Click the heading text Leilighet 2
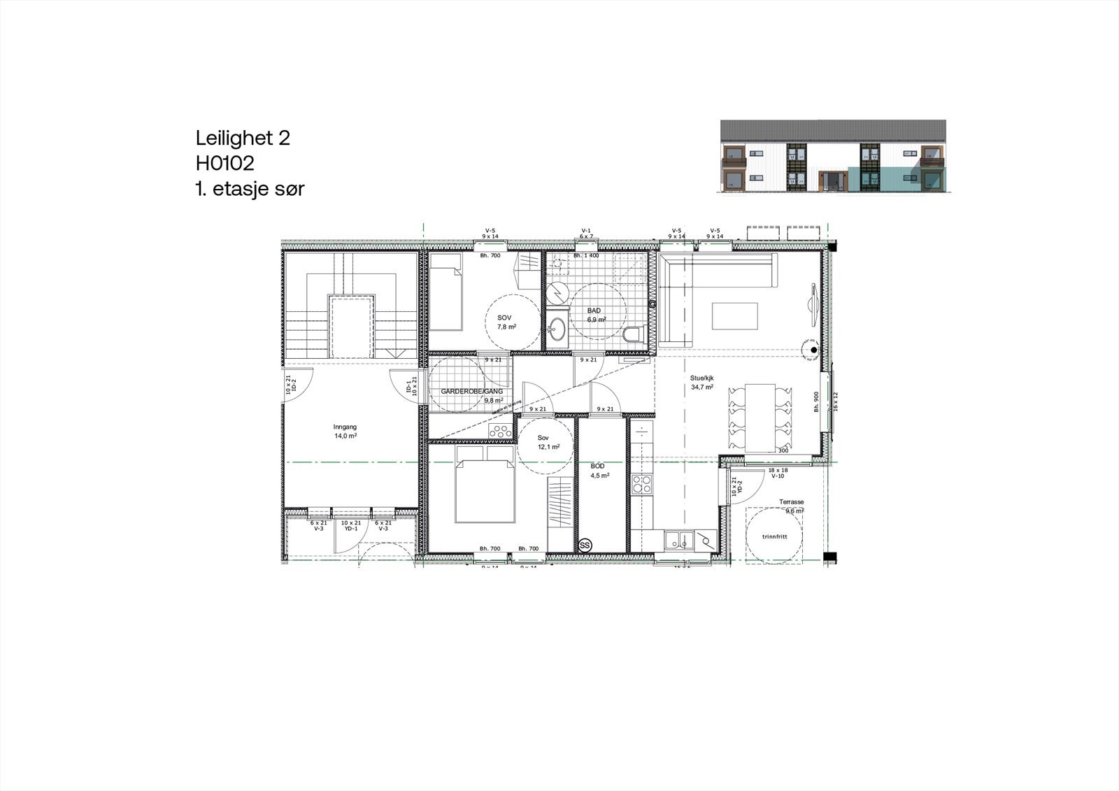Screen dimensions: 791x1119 [x=242, y=138]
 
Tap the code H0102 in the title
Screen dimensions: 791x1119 [x=224, y=163]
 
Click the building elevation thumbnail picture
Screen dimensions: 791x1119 [x=834, y=156]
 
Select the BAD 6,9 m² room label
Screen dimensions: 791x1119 [x=594, y=315]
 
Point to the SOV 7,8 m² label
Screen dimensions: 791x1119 [x=505, y=322]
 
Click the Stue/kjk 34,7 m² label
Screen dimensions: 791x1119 [x=701, y=382]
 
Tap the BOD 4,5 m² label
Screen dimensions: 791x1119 [x=599, y=470]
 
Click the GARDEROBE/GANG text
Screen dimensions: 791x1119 [x=471, y=392]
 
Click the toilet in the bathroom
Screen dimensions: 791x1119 [x=634, y=334]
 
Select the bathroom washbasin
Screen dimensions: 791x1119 [x=557, y=328]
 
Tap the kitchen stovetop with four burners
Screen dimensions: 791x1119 [x=641, y=484]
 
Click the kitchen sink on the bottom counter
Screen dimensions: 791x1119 [x=676, y=540]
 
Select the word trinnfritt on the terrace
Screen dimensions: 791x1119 [x=774, y=537]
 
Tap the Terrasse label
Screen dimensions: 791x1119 [x=792, y=502]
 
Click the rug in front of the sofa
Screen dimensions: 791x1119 [x=735, y=315]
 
